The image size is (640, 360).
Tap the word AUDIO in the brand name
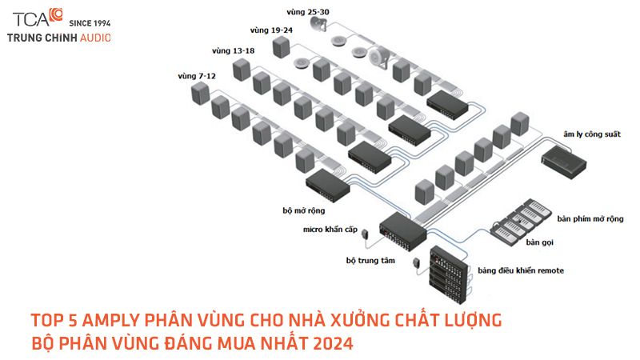click(x=95, y=38)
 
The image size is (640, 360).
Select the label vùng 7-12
click(x=197, y=76)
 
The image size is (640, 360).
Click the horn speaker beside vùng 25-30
click(x=318, y=30)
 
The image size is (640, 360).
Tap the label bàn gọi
click(x=541, y=241)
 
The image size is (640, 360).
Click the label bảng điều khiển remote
click(x=521, y=270)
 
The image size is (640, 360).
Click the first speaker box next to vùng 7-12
click(x=200, y=94)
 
